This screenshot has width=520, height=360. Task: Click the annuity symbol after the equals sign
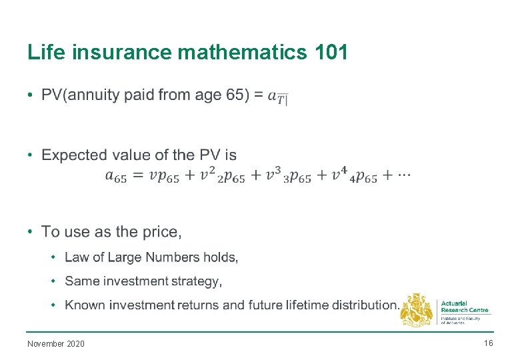278,97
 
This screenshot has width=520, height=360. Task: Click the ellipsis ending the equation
404,175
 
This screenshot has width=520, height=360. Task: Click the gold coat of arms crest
416,310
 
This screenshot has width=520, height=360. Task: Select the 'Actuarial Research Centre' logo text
465,307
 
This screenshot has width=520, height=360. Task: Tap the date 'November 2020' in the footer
56,344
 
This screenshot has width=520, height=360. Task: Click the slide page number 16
489,343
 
